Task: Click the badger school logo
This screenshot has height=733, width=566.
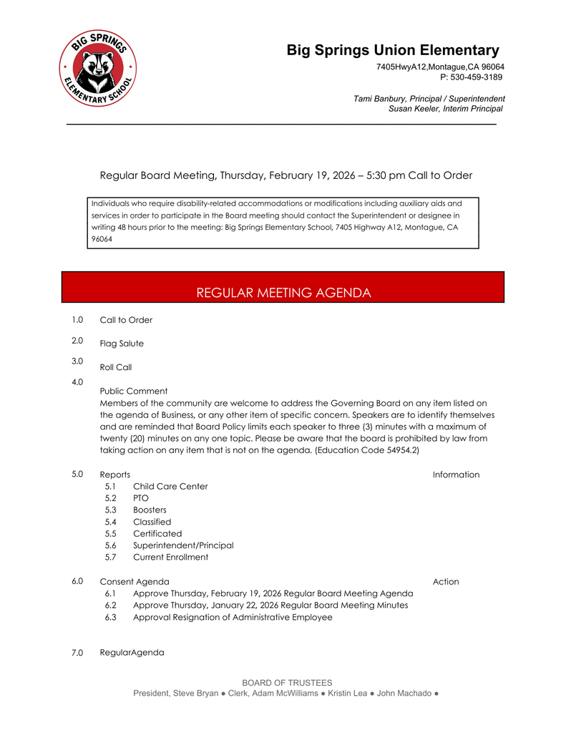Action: (x=98, y=69)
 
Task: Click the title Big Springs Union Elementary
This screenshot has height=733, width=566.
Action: (x=393, y=50)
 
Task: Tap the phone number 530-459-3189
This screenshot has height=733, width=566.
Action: (x=476, y=77)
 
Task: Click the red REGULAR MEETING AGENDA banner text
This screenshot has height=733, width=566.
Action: (x=283, y=293)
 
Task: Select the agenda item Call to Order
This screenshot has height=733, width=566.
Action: (x=126, y=320)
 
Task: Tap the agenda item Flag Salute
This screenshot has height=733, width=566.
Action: (x=122, y=344)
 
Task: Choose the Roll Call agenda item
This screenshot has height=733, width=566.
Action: (x=116, y=367)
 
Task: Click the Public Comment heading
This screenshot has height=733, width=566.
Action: (x=134, y=391)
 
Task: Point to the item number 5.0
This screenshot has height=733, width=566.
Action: (x=77, y=474)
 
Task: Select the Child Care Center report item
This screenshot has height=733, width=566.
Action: (x=170, y=487)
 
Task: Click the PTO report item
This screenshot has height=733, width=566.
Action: (x=141, y=498)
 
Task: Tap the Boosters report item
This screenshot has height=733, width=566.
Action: (x=150, y=510)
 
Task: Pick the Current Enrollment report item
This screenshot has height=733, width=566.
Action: (x=170, y=558)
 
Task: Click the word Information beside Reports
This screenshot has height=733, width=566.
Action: (x=456, y=475)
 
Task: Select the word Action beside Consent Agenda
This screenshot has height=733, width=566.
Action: (x=446, y=582)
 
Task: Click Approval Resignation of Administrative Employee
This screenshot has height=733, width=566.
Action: (x=233, y=617)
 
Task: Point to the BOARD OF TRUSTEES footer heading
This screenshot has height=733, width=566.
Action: (x=287, y=683)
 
